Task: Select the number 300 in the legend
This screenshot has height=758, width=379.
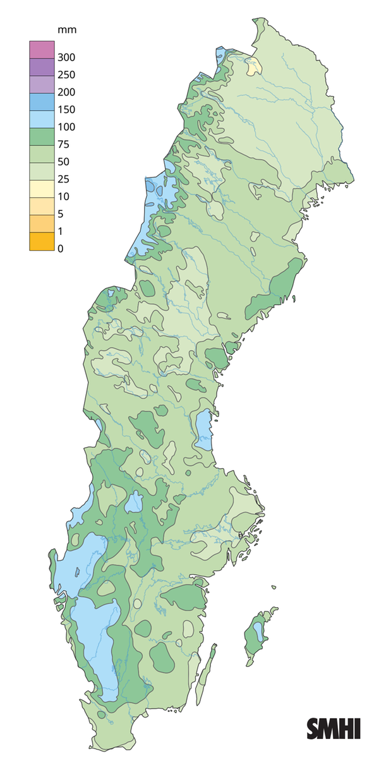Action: point(66,57)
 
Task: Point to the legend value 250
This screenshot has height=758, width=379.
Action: point(66,75)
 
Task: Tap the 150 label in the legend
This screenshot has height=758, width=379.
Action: point(66,109)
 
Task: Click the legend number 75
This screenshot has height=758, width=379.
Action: point(64,144)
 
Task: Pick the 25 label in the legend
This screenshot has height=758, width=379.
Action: point(64,179)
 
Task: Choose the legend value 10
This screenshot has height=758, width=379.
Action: point(64,196)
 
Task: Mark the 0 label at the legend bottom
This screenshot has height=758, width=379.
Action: point(61,249)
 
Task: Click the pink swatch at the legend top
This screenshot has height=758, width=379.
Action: point(39,49)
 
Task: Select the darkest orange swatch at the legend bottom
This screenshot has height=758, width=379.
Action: point(39,241)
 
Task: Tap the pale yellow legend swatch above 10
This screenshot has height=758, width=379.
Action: point(39,188)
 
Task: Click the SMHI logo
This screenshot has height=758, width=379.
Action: point(334,728)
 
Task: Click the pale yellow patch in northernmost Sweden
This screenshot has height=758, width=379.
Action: point(254,65)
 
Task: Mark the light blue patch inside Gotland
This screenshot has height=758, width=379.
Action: point(258,630)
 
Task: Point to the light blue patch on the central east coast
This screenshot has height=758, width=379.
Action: point(203,430)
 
